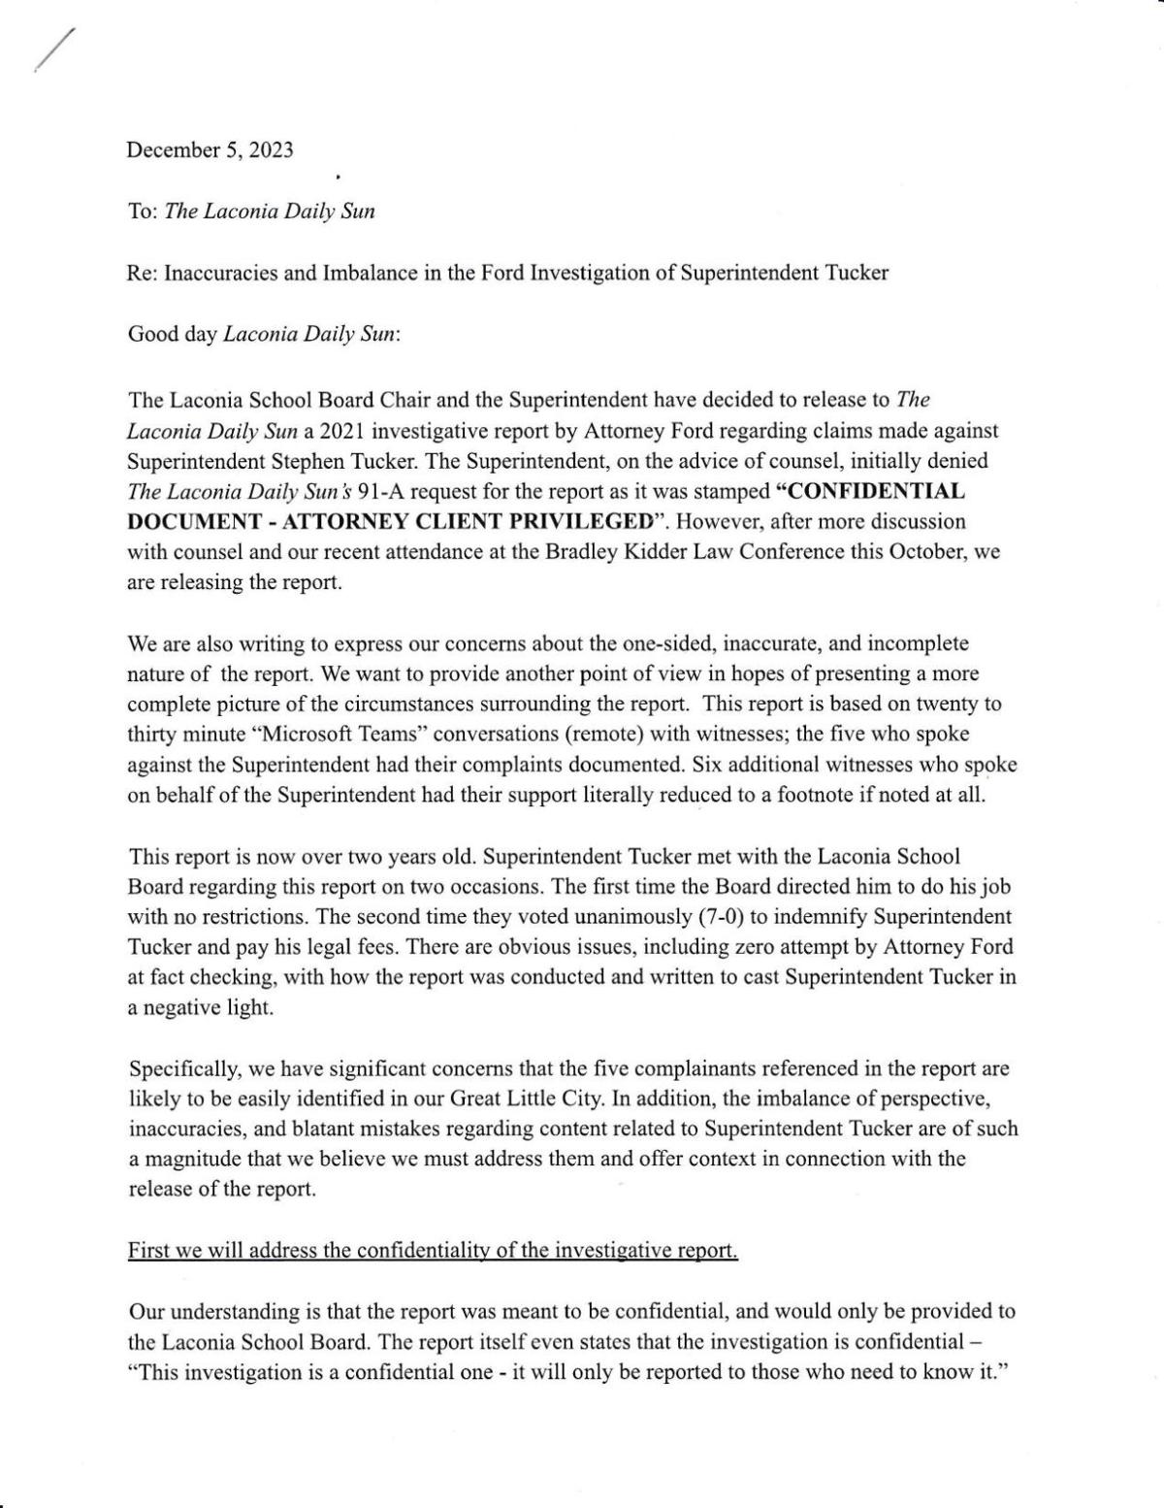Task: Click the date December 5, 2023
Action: (210, 150)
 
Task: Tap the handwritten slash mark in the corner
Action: (53, 49)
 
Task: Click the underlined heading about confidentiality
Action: (433, 1251)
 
